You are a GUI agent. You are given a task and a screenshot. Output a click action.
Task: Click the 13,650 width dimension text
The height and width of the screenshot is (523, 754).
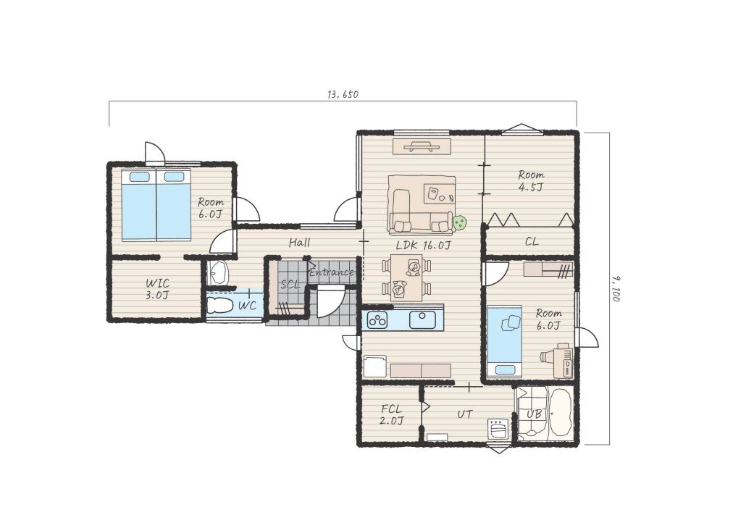(x=343, y=95)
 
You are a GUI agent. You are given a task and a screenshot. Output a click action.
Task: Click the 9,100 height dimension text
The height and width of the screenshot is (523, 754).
(x=615, y=288)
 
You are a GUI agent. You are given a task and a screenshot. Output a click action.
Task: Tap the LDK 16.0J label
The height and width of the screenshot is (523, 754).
(x=423, y=245)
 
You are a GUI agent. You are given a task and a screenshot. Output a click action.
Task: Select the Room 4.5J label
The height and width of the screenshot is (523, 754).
(x=531, y=181)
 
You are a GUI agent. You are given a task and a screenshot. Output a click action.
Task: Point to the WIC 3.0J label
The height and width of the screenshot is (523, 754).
(x=157, y=289)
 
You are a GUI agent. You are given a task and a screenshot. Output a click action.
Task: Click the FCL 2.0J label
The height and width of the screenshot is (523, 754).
(x=391, y=415)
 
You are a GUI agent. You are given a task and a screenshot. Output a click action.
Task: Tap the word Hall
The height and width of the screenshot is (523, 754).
(x=299, y=243)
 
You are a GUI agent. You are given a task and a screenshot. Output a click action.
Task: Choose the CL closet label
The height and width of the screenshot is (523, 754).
(x=532, y=241)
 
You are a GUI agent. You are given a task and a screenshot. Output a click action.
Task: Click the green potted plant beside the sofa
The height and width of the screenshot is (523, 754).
(x=460, y=222)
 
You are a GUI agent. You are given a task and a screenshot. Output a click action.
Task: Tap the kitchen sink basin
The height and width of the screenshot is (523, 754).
(x=422, y=319)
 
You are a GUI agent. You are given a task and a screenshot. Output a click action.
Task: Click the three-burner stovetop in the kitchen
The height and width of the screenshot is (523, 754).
(x=377, y=320)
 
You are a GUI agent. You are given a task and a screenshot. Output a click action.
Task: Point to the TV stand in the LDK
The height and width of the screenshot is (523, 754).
(x=422, y=146)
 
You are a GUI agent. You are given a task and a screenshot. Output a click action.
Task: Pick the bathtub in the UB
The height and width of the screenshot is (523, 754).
(x=560, y=413)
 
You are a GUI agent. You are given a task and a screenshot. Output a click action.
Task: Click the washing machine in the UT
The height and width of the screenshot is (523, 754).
(x=498, y=428)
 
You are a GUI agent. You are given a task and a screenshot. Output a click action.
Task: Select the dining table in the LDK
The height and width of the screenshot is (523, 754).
(x=406, y=278)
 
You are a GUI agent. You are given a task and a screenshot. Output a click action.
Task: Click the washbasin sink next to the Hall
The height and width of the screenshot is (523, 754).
(x=219, y=274)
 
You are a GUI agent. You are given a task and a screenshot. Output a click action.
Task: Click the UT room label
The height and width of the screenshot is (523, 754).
(x=464, y=414)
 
